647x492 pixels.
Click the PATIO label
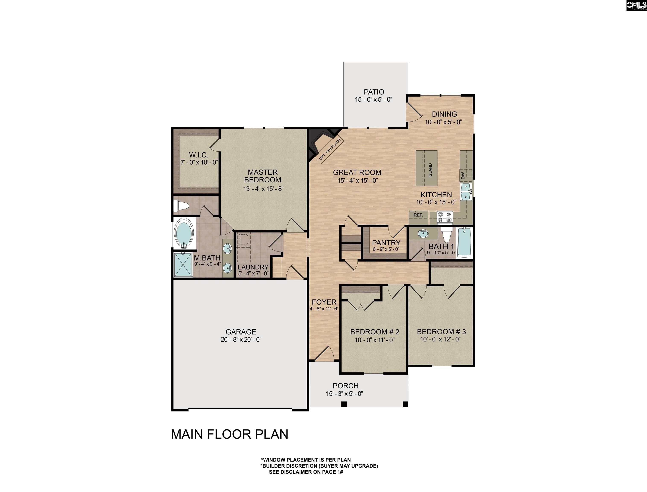[x=374, y=92]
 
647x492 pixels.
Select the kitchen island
[x=426, y=168]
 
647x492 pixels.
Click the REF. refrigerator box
[x=418, y=215]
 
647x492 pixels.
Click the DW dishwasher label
[x=463, y=176]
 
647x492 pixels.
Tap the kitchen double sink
[x=466, y=192]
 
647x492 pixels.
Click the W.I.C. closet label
[x=199, y=155]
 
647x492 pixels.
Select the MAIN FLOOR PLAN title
[x=229, y=434]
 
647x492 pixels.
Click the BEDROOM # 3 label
[x=441, y=332]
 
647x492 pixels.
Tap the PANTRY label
[x=386, y=243]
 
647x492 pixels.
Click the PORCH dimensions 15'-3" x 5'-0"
[x=345, y=394]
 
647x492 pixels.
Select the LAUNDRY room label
[x=253, y=267]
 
